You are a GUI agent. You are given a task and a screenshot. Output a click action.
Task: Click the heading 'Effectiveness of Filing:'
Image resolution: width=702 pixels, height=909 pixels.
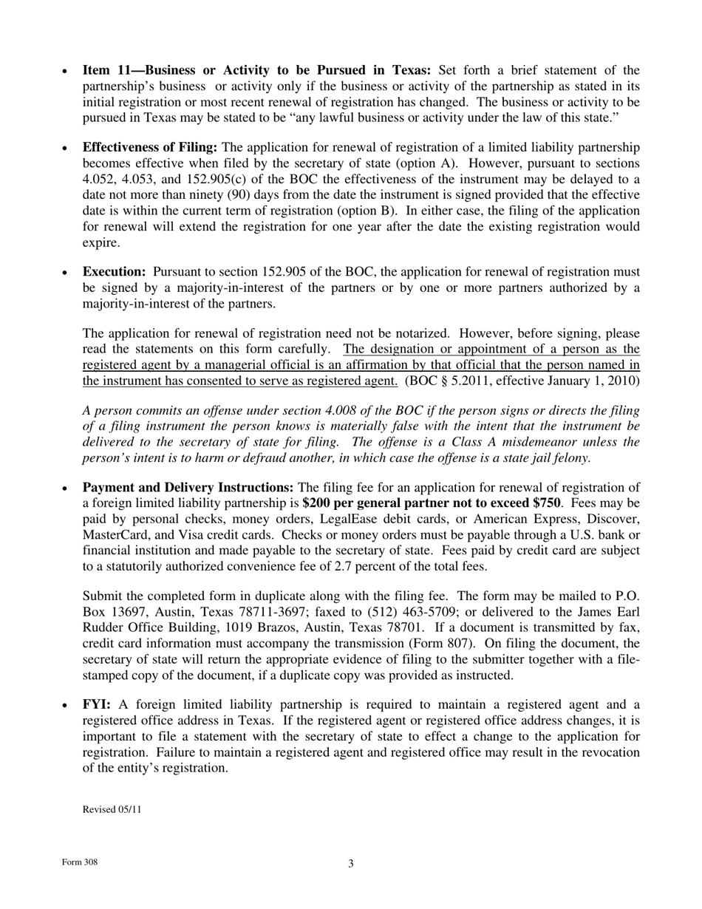[x=150, y=148]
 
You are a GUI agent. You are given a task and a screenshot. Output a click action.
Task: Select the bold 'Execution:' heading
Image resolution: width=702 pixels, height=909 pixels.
[x=115, y=272]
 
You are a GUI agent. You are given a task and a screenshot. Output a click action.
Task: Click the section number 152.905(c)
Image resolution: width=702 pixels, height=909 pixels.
[x=202, y=180]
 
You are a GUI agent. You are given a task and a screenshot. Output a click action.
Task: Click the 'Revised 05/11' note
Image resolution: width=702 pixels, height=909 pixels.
[x=112, y=809]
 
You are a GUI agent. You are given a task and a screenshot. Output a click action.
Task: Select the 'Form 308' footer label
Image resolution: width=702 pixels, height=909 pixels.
[x=80, y=862]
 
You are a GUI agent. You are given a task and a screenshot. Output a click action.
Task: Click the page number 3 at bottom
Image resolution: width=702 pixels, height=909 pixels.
[x=351, y=863]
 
